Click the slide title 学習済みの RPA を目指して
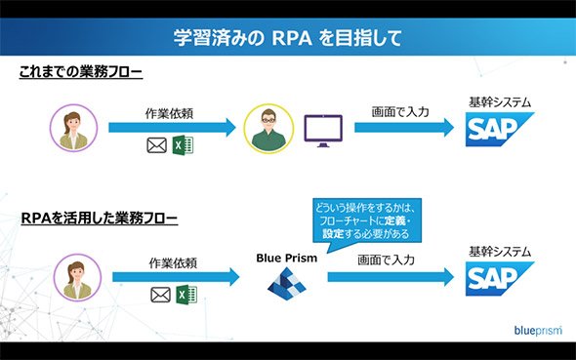pos(288,38)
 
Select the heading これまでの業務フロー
pos(80,71)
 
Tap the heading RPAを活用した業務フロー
pos(100,218)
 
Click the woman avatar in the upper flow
pos(74,128)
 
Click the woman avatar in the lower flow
pos(77,277)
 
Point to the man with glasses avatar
pos(268,129)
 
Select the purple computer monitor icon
pos(323,131)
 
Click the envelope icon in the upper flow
pos(156,145)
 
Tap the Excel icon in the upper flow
pos(183,145)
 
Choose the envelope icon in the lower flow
pos(160,295)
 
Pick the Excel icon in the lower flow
pos(186,295)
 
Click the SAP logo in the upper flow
pos(500,129)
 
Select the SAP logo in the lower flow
pos(500,278)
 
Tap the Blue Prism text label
pos(286,258)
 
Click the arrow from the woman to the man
pos(172,128)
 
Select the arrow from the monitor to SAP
pos(404,128)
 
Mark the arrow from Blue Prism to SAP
pos(391,277)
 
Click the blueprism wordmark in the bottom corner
pos(538,331)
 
